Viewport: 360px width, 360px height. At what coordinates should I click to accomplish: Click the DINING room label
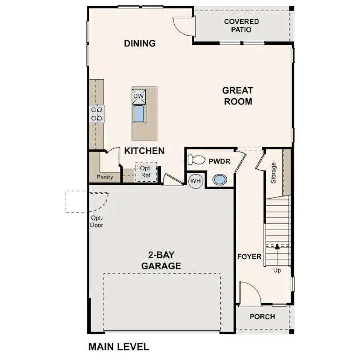(x=140, y=44)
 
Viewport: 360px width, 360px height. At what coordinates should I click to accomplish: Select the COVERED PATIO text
(x=241, y=26)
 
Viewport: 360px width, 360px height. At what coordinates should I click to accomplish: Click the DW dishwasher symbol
(x=139, y=96)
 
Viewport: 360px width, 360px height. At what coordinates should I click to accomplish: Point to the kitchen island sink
(x=139, y=114)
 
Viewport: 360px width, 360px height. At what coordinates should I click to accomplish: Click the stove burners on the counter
(x=96, y=113)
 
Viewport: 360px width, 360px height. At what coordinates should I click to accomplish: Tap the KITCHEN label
(x=144, y=151)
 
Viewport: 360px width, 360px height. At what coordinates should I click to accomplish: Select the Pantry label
(x=105, y=177)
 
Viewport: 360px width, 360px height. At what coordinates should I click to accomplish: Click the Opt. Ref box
(x=146, y=172)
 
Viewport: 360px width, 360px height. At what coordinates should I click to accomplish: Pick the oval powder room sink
(x=220, y=180)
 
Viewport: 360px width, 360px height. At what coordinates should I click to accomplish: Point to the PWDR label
(x=219, y=161)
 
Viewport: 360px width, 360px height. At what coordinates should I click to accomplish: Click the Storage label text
(x=273, y=173)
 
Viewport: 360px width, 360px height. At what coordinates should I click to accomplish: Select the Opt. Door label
(x=97, y=222)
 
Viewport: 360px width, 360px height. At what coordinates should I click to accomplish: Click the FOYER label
(x=249, y=257)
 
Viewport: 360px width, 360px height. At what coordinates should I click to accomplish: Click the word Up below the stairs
(x=277, y=270)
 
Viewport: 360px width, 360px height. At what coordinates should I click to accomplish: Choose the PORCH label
(x=262, y=317)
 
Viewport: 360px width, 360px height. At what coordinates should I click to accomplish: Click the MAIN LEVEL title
(x=119, y=346)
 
